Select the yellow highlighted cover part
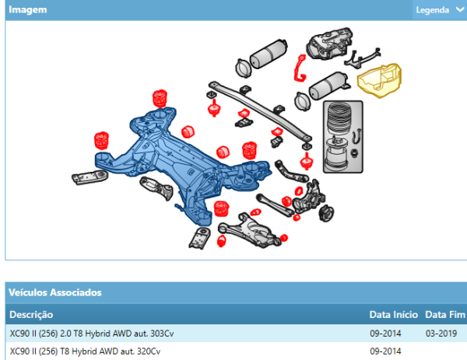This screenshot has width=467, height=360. pyautogui.click(x=380, y=80)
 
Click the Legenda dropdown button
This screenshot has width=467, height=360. pyautogui.click(x=440, y=10)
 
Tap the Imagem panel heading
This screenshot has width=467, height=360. pyautogui.click(x=28, y=10)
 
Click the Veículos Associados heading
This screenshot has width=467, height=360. pyautogui.click(x=55, y=292)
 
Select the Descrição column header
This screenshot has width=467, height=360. pyautogui.click(x=31, y=314)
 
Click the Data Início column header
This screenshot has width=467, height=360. pyautogui.click(x=393, y=314)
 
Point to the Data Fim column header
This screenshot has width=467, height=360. pyautogui.click(x=445, y=314)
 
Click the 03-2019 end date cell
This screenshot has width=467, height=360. pyautogui.click(x=441, y=334)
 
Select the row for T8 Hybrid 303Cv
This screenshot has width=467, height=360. pyautogui.click(x=236, y=334)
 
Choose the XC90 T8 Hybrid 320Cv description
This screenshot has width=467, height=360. pyautogui.click(x=85, y=351)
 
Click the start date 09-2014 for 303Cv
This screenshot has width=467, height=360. pyautogui.click(x=385, y=334)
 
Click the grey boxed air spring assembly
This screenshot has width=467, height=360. pyautogui.click(x=342, y=137)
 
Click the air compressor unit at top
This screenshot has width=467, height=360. pyautogui.click(x=329, y=44)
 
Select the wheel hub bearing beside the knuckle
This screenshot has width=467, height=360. pyautogui.click(x=326, y=213)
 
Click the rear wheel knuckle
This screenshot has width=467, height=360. pyautogui.click(x=308, y=197)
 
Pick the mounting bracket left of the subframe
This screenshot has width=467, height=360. pyautogui.click(x=90, y=177)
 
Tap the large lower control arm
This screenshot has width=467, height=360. pyautogui.click(x=249, y=230)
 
